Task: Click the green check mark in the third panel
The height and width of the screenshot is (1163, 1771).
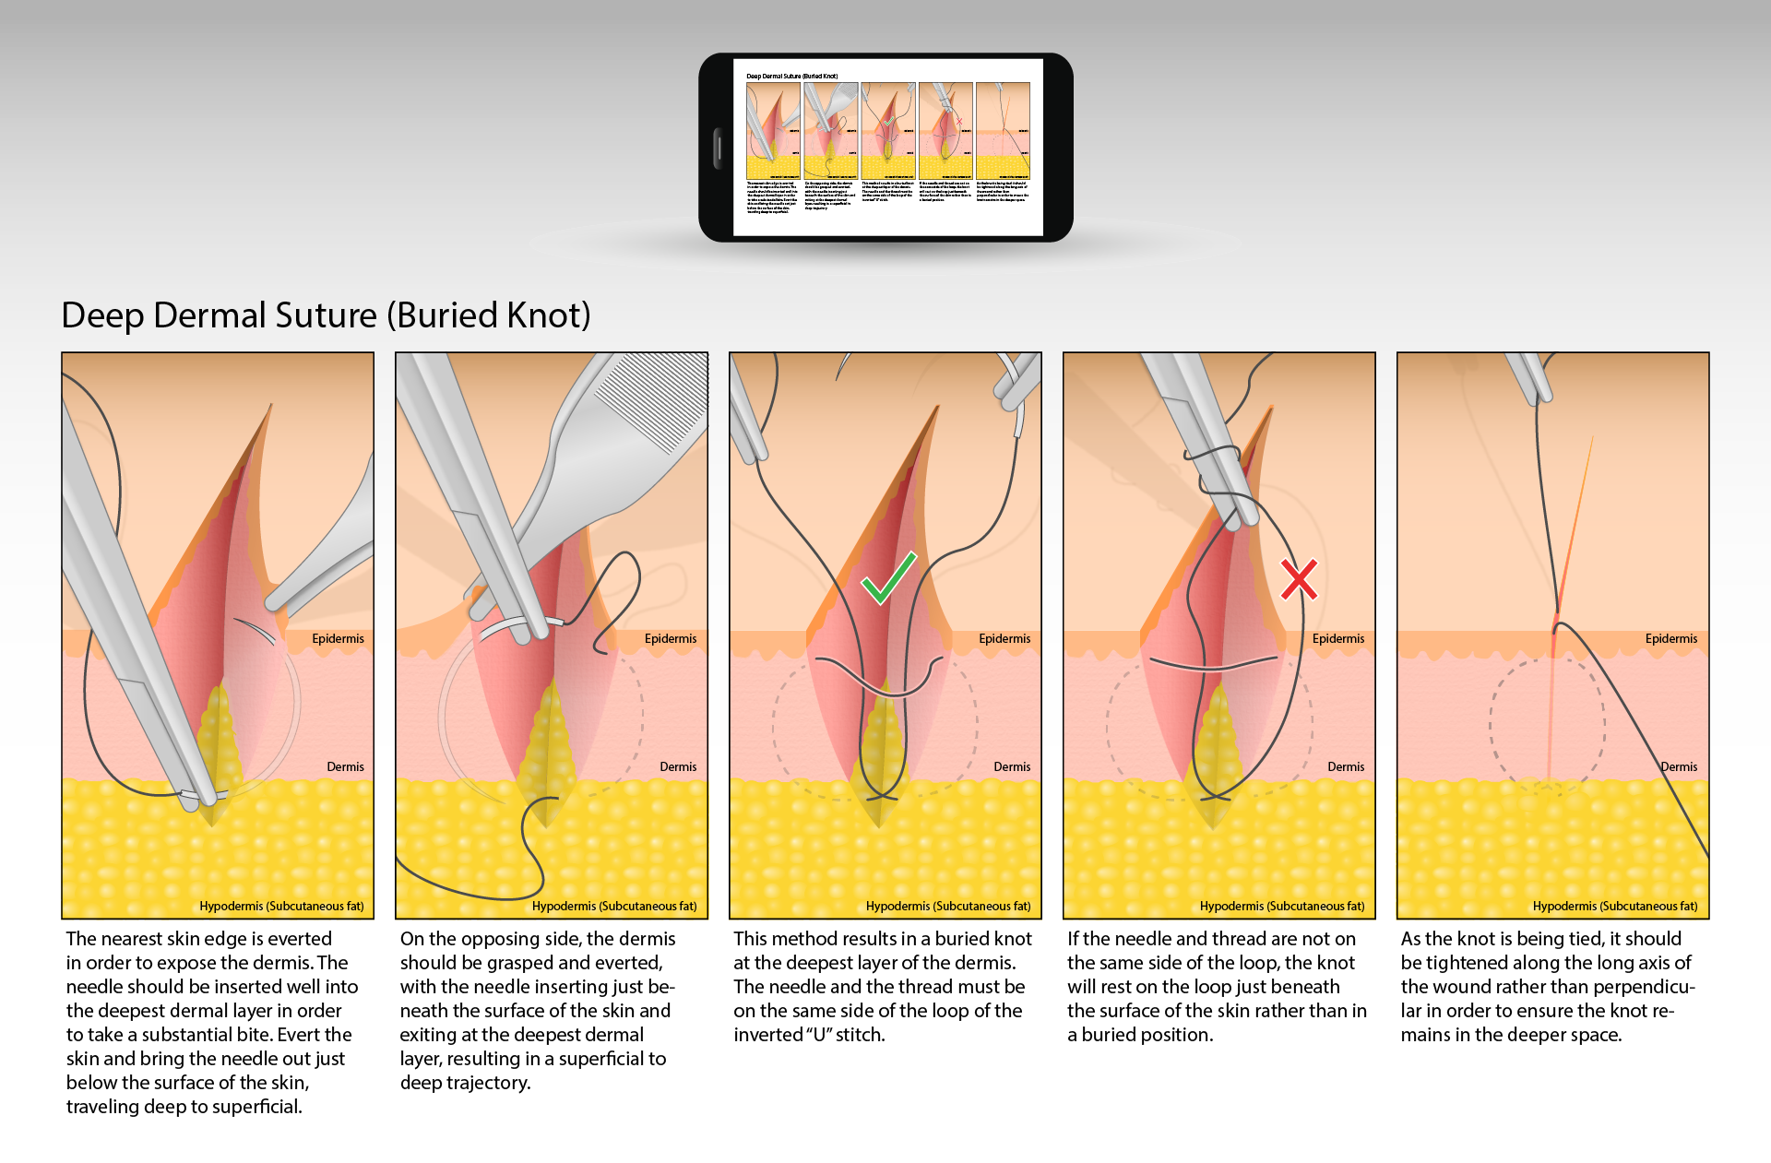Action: coord(887,578)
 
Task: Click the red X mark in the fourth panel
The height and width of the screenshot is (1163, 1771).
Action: coord(1299,579)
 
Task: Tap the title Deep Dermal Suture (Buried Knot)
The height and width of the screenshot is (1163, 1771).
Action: coord(326,315)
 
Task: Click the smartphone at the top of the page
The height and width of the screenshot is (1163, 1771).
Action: coord(885,148)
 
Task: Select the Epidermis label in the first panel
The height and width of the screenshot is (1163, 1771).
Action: coord(338,638)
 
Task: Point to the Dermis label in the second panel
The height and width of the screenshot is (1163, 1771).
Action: coord(678,766)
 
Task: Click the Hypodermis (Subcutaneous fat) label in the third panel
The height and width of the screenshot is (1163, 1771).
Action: coord(948,906)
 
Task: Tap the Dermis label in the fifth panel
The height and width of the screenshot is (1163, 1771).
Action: coord(1679,766)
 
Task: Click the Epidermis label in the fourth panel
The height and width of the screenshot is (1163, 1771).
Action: coord(1337,638)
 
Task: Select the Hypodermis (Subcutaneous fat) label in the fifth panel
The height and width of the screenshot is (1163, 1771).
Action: coord(1615,906)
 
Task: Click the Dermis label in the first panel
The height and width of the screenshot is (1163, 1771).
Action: coord(345,766)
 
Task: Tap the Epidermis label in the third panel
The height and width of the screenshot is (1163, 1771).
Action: coord(1004,638)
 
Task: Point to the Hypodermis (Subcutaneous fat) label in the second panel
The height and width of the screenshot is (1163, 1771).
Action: coord(614,906)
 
